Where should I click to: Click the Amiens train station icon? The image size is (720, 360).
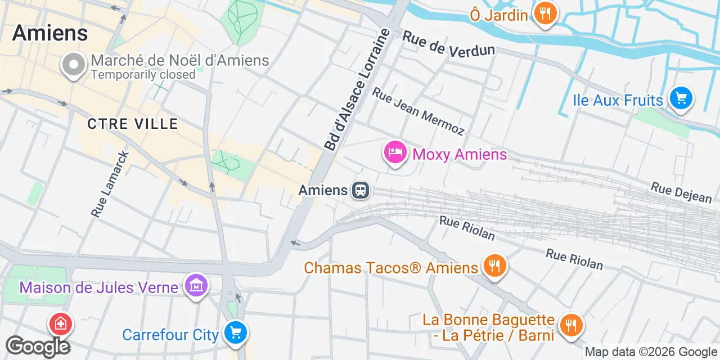[361, 190]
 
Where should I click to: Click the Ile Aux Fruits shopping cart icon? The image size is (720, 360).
[681, 100]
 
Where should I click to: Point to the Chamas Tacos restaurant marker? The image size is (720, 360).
[494, 267]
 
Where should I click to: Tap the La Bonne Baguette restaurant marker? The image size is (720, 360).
[571, 325]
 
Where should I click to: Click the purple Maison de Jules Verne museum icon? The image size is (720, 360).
[196, 286]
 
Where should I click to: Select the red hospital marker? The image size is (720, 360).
[60, 323]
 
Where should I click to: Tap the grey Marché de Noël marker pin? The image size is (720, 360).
[73, 65]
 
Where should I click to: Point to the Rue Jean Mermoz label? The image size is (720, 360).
[418, 111]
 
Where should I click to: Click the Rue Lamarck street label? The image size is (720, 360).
[110, 184]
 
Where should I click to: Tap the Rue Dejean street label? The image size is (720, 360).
[681, 192]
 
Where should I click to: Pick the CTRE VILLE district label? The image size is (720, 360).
[132, 124]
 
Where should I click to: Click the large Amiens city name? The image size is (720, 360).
[50, 33]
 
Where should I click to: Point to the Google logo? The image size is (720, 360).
[38, 346]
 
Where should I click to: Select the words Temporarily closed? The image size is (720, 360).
[143, 74]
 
